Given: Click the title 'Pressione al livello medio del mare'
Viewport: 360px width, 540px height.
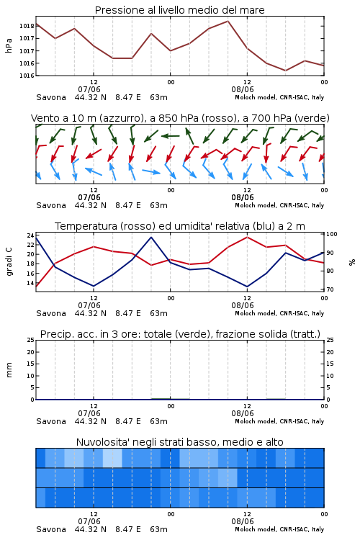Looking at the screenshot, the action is [x=179, y=10].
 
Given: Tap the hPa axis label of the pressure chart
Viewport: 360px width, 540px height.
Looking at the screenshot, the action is [x=9, y=45].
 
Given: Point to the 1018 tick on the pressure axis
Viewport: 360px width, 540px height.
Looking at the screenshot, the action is [x=27, y=26].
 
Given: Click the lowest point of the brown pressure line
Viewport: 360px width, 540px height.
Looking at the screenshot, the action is [x=285, y=71].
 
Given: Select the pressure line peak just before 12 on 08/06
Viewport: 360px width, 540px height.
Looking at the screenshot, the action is [x=228, y=21].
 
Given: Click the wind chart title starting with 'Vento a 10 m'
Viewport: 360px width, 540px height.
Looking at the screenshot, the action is [x=180, y=118].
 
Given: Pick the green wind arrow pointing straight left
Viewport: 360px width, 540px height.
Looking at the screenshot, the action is [x=171, y=136].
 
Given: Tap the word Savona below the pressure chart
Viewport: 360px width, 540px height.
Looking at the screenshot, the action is [x=51, y=97].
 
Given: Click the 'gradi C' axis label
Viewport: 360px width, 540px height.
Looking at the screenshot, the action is [x=9, y=261].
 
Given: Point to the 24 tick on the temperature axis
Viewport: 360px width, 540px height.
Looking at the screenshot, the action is [x=30, y=235].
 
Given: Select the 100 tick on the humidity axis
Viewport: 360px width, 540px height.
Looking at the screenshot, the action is [x=332, y=234].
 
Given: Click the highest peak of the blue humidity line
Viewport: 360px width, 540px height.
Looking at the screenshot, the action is [x=151, y=237].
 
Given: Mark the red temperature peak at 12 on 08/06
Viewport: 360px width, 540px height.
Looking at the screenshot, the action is [x=247, y=237].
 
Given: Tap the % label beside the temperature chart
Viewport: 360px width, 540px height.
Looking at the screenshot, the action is [x=352, y=262].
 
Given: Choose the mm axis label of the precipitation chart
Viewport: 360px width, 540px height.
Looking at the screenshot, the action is [x=9, y=370].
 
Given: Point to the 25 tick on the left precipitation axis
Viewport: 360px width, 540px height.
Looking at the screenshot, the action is [x=30, y=340].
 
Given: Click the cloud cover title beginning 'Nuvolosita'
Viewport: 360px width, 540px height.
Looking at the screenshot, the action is [x=179, y=442].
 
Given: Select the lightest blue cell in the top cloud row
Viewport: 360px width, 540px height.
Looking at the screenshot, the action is [x=112, y=458].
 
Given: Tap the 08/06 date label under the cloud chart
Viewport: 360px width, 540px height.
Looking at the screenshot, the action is [x=243, y=521].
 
